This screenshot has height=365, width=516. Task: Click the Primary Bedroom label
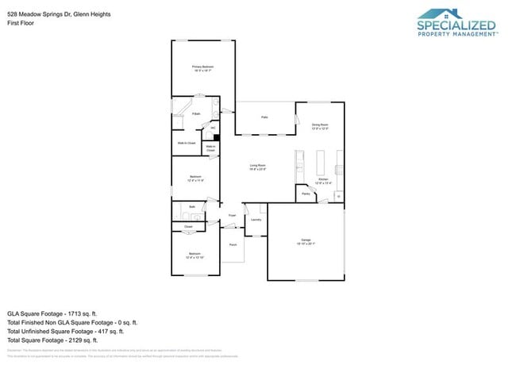(203, 67)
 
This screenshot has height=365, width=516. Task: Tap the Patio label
(264, 117)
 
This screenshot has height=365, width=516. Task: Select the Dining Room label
(320, 125)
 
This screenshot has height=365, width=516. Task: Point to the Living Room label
(258, 165)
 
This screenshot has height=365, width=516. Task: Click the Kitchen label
(323, 180)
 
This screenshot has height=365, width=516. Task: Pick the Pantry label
(305, 193)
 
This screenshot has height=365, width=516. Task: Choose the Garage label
(306, 239)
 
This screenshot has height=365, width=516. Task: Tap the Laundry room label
(256, 220)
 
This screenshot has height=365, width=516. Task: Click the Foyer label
(233, 215)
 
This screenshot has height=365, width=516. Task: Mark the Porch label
(233, 245)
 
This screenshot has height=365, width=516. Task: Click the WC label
(213, 127)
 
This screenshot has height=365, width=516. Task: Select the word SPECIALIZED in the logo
(456, 25)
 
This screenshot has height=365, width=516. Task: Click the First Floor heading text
(20, 23)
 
